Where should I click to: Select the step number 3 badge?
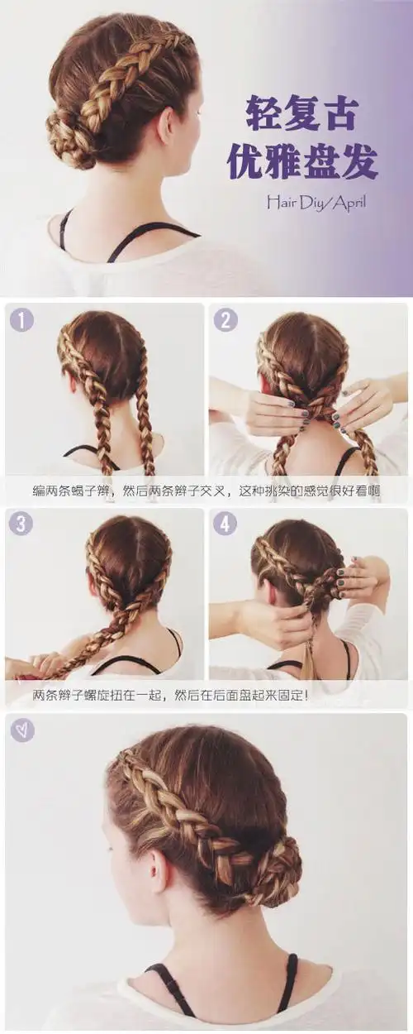(21, 524)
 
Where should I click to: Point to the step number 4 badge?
(225, 524)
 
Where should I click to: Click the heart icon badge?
(21, 730)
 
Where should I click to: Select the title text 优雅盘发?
(302, 163)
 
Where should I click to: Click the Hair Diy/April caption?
(315, 201)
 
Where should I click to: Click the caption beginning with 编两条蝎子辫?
(206, 491)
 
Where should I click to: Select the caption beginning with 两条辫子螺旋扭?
(169, 695)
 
